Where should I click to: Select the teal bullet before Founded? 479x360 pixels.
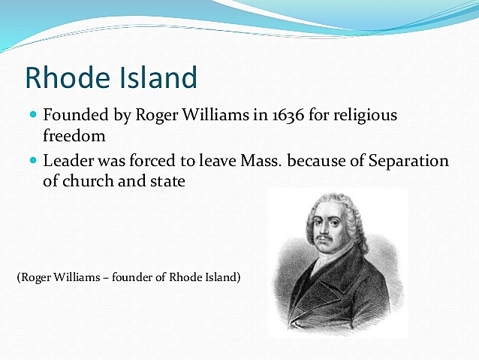click(x=32, y=117)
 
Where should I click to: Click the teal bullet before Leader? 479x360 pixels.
click(x=32, y=161)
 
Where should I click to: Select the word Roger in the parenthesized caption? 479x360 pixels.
click(x=35, y=277)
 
